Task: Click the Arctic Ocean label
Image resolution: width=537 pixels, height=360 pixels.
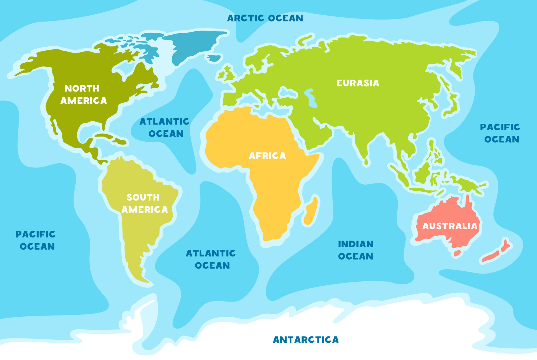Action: (x=265, y=18)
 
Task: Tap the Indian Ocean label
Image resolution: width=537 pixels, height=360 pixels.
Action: (x=355, y=250)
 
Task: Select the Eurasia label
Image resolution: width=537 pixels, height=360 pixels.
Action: (x=358, y=83)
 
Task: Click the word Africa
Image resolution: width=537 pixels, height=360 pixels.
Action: (x=267, y=156)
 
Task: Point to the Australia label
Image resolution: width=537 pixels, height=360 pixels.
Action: (x=449, y=226)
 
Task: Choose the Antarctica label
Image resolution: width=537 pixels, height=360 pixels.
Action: (x=306, y=340)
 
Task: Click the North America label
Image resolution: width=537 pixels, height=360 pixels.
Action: (x=83, y=95)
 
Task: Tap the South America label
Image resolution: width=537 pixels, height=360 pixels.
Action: (x=144, y=203)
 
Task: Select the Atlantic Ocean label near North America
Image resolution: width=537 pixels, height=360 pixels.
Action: (x=165, y=128)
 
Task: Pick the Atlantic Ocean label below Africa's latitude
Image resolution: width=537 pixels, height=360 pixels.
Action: (x=211, y=259)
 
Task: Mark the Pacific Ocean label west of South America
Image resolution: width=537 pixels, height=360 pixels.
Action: (x=36, y=240)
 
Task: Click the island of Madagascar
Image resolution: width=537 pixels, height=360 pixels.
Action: (x=311, y=211)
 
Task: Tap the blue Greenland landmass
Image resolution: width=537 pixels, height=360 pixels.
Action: (x=193, y=45)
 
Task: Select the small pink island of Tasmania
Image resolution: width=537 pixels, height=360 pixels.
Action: (x=457, y=253)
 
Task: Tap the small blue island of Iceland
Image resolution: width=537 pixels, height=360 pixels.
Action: (x=214, y=58)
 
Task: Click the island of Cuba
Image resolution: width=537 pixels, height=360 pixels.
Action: (x=105, y=135)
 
